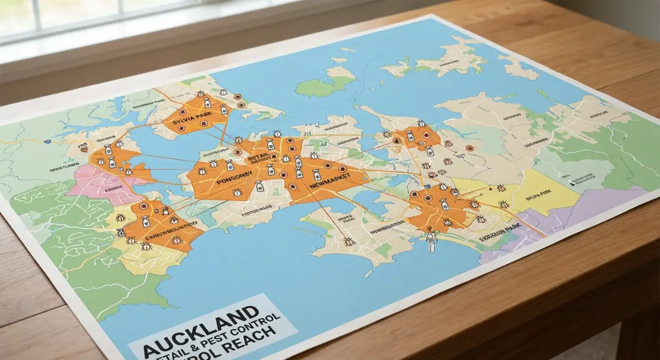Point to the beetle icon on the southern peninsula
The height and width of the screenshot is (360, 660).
(x=349, y=241)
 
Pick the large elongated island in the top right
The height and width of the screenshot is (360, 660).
(x=446, y=58)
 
